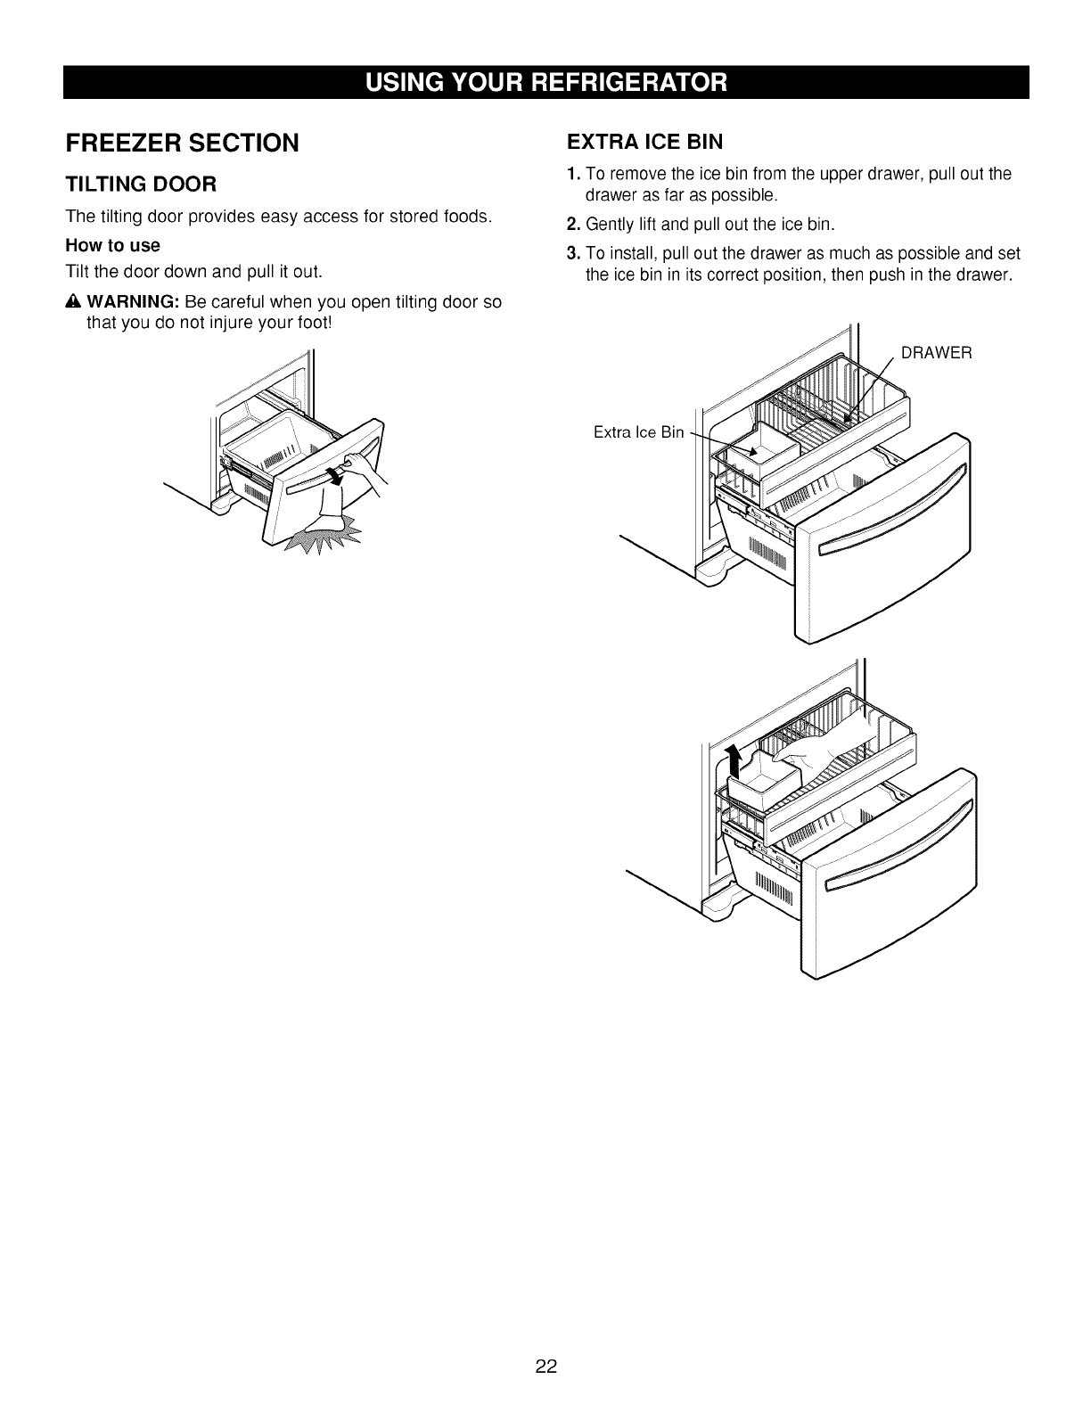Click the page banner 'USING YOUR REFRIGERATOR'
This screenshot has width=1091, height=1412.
(x=545, y=82)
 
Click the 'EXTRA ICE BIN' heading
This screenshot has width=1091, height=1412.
(x=644, y=142)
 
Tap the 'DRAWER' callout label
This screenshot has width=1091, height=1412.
(x=936, y=353)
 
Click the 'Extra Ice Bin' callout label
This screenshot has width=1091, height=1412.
(x=638, y=433)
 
